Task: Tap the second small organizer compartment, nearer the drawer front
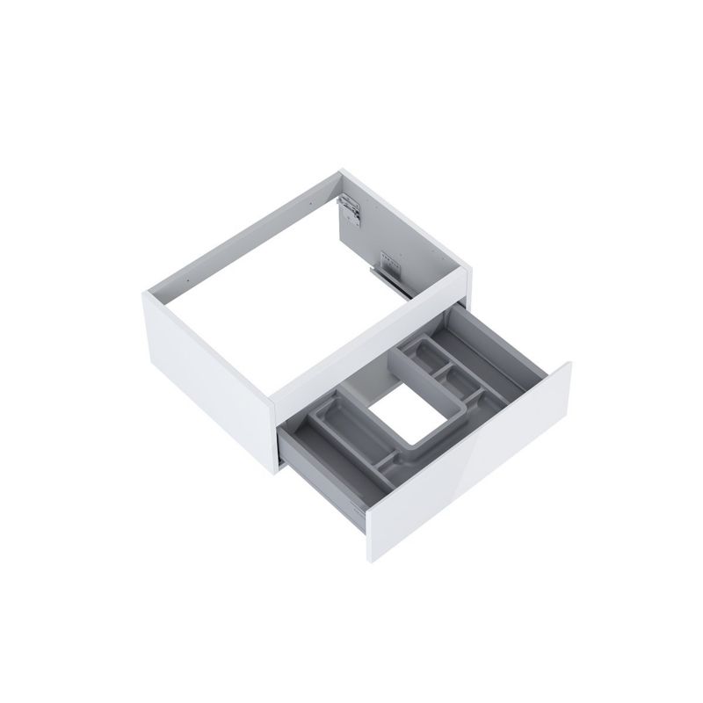(x=458, y=380)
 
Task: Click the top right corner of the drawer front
(x=570, y=362)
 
